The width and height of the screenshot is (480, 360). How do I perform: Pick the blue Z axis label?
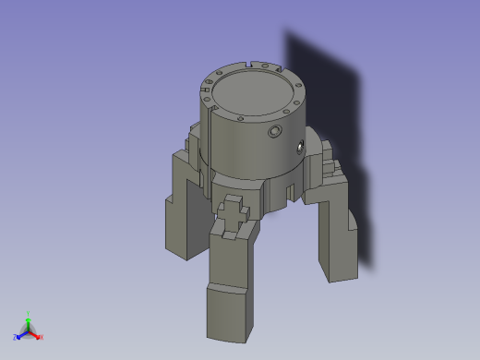[x=16, y=337]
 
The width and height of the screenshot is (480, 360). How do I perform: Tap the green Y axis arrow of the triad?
[x=28, y=321]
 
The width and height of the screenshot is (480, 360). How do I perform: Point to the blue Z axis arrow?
[x=21, y=333]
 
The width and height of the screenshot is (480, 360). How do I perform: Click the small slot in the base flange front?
[x=292, y=191]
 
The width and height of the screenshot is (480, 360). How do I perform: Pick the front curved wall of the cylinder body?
[x=245, y=148]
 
